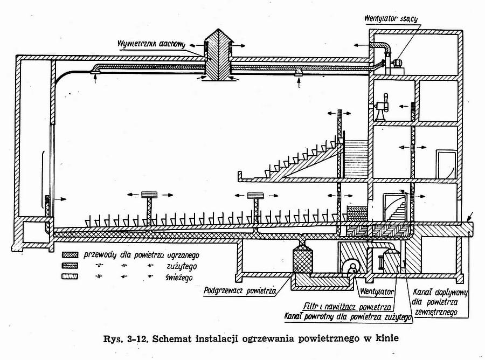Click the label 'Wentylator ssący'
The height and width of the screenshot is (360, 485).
click(392, 20)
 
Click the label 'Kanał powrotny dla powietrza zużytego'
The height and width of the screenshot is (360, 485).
click(347, 316)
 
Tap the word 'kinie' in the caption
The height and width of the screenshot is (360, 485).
click(392, 340)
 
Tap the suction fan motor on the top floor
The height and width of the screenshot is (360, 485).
click(398, 63)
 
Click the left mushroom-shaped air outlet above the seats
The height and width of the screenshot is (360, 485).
click(149, 196)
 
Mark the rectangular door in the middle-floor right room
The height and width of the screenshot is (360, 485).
click(446, 164)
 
